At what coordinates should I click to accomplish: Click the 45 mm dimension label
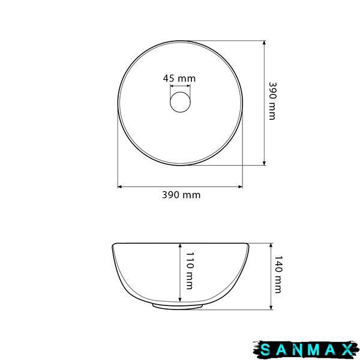[x=179, y=79]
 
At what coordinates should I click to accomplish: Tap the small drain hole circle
[x=180, y=102]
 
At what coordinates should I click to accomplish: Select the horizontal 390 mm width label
[x=181, y=195]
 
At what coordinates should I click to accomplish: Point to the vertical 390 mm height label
[x=272, y=101]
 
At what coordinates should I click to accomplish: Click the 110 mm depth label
[x=190, y=271]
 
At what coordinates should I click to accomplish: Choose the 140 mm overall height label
[x=278, y=274]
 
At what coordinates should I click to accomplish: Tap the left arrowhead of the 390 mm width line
[x=119, y=187]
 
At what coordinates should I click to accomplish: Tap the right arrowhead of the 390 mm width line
[x=241, y=187]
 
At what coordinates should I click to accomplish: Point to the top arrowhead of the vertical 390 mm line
[x=264, y=43]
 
